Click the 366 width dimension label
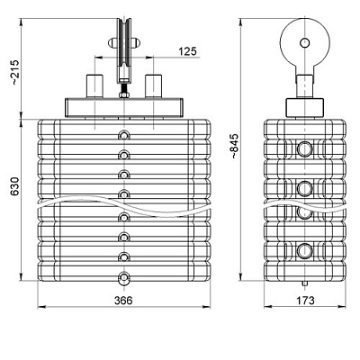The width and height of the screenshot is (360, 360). (x=123, y=301)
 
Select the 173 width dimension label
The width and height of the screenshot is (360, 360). (x=305, y=301)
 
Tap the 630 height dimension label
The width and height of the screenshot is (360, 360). (x=15, y=186)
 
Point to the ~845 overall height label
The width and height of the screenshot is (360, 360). (x=234, y=146)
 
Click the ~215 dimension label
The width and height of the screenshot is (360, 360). (x=15, y=73)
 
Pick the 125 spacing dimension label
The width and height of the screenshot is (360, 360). (x=187, y=51)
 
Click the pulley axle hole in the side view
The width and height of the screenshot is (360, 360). (x=305, y=43)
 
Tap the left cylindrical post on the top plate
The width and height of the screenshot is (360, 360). (x=94, y=86)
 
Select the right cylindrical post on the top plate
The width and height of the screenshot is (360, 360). (x=153, y=86)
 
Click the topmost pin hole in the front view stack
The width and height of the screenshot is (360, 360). (x=123, y=135)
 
